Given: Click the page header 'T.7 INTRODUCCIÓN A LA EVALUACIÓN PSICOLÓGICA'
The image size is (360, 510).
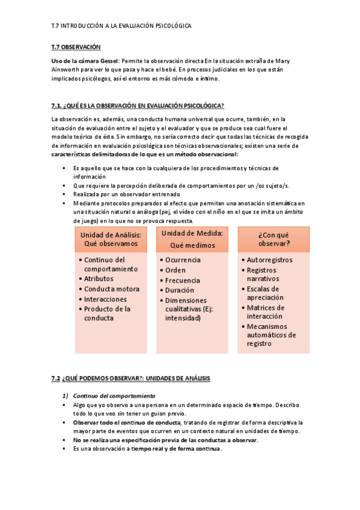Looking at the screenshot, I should coord(121,26).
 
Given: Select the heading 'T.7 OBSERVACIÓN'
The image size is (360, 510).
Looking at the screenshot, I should coord(76,47).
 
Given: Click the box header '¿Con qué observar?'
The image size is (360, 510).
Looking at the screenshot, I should coord(273,239).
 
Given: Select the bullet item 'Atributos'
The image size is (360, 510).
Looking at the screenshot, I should coord(99,279).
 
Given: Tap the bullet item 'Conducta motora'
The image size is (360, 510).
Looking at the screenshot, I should coord(111,289).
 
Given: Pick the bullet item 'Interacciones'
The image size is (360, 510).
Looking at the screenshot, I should coord(106,299).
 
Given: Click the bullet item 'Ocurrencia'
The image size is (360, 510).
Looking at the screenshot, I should coord(183,260).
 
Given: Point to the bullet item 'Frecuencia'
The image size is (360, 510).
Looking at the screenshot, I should coord(183,280).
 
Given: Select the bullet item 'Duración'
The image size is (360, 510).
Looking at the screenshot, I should coord(180,290).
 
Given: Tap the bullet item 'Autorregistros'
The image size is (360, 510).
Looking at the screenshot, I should coord(270,260).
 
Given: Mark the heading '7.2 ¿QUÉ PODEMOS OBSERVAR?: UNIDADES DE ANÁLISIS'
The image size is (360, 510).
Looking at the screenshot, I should coord(130,378).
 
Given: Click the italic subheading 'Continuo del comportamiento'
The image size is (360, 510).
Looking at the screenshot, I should coord(114,396).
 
